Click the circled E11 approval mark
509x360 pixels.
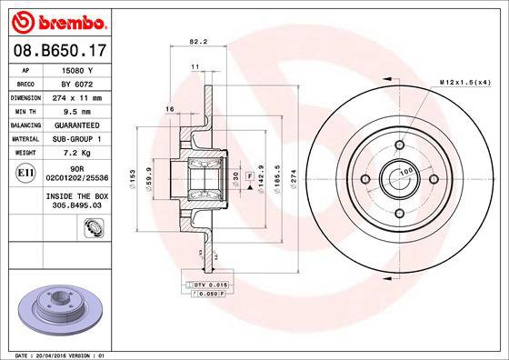pyautogui.click(x=27, y=171)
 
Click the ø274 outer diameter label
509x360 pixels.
pyautogui.click(x=293, y=178)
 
